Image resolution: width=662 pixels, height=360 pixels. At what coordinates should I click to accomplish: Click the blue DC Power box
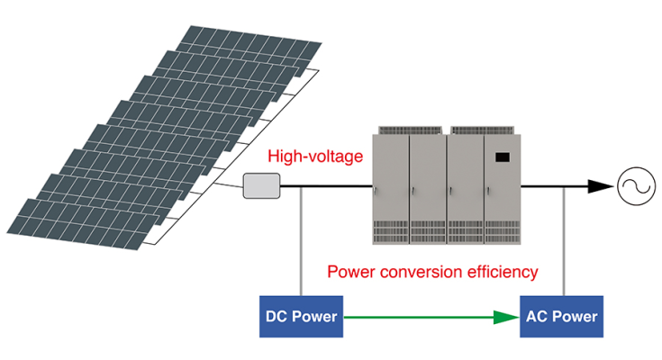click(x=301, y=316)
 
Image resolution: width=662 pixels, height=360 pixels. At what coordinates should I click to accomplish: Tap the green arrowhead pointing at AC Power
click(x=504, y=317)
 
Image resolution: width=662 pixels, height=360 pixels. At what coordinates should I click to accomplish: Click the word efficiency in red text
click(x=501, y=271)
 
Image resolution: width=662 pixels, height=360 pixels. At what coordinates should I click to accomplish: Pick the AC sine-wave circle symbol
click(x=634, y=186)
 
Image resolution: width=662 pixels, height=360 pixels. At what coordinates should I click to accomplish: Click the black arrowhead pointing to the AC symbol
click(x=598, y=186)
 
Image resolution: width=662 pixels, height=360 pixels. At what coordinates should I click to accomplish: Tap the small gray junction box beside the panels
click(x=261, y=186)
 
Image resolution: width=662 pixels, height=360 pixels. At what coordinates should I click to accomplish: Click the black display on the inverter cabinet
click(x=502, y=158)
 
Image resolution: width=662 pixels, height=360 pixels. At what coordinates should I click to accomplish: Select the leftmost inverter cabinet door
click(x=391, y=184)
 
